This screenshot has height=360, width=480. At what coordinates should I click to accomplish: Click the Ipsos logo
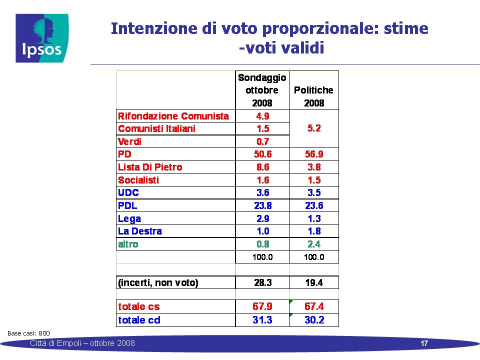pyautogui.click(x=42, y=38)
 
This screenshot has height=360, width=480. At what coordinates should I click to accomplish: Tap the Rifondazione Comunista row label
pyautogui.click(x=173, y=116)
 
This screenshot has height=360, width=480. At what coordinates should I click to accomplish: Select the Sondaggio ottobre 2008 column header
pyautogui.click(x=262, y=90)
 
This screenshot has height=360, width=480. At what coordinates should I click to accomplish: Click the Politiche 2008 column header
pyautogui.click(x=314, y=96)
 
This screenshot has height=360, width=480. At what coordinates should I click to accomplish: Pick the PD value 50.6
pyautogui.click(x=262, y=154)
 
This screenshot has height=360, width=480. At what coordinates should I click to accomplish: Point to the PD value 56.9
pyautogui.click(x=314, y=154)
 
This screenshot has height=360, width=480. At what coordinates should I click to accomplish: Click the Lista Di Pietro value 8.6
pyautogui.click(x=262, y=167)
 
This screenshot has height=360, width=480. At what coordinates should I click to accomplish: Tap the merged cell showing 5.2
pyautogui.click(x=314, y=128)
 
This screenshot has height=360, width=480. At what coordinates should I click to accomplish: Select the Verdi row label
pyautogui.click(x=130, y=141)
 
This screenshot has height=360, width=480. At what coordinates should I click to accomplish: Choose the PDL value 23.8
pyautogui.click(x=262, y=205)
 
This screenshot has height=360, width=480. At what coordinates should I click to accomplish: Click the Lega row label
pyautogui.click(x=129, y=219)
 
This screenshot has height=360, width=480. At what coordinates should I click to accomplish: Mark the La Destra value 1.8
pyautogui.click(x=314, y=231)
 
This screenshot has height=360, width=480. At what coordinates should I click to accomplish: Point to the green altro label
pyautogui.click(x=128, y=244)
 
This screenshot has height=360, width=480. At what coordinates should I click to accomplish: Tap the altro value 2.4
pyautogui.click(x=314, y=244)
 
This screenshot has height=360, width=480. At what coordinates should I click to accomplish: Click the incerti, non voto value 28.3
pyautogui.click(x=262, y=282)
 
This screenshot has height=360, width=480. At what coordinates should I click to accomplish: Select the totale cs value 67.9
pyautogui.click(x=262, y=306)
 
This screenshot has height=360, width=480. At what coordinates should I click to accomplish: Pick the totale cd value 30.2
pyautogui.click(x=314, y=320)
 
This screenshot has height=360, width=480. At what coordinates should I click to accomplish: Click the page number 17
pyautogui.click(x=424, y=343)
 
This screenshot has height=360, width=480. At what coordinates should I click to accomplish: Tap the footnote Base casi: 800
pyautogui.click(x=29, y=333)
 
